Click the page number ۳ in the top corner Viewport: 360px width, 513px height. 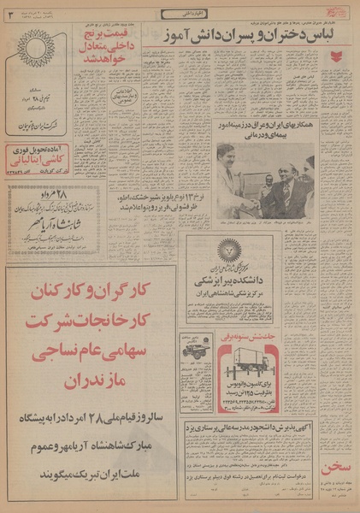[9, 13]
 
